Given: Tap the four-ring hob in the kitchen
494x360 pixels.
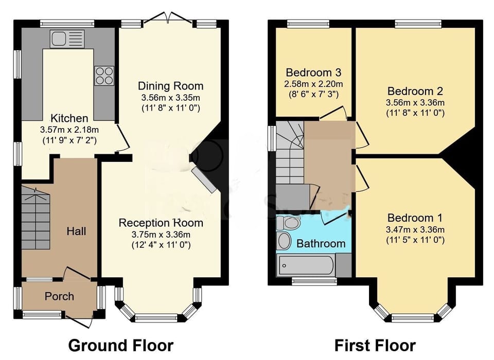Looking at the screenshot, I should (104, 76).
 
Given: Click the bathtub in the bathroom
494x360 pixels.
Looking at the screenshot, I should (306, 265).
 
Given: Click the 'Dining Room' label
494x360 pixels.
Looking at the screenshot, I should (170, 86).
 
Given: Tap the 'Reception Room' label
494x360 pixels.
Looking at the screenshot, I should (161, 223).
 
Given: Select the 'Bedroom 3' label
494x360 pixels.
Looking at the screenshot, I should (313, 72).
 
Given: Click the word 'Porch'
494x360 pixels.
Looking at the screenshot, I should (59, 296).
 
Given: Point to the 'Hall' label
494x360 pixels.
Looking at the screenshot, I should (76, 231).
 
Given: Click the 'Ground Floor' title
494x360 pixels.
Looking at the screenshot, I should (120, 345).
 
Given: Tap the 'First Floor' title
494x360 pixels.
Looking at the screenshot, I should (375, 345).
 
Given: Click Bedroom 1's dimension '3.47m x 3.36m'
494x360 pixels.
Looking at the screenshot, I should (415, 229).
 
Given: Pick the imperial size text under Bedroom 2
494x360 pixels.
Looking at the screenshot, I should (415, 113).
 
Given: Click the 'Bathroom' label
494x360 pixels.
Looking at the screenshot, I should (321, 243).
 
